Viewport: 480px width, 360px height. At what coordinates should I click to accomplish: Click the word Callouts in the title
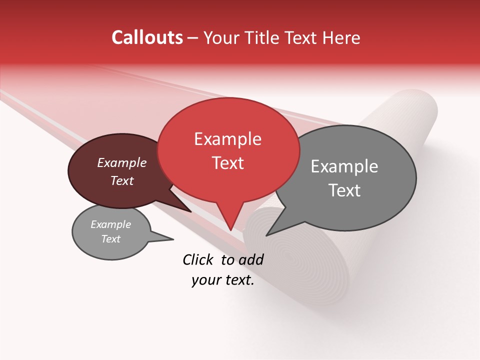147,37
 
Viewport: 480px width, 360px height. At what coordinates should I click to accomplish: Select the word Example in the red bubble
227,139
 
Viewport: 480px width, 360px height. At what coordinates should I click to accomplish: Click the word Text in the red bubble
227,163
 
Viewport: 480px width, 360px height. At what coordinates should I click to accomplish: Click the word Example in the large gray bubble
344,166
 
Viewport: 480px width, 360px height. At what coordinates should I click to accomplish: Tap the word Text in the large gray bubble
344,190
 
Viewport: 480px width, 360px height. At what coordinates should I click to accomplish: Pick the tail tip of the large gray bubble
266,235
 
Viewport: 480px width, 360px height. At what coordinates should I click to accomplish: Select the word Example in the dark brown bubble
121,163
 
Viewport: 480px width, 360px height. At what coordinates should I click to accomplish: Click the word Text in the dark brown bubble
121,180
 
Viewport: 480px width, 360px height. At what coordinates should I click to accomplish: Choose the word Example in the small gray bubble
110,224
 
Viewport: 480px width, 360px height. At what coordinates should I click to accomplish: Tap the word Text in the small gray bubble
110,239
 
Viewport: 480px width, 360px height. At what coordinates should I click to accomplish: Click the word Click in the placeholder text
198,259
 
